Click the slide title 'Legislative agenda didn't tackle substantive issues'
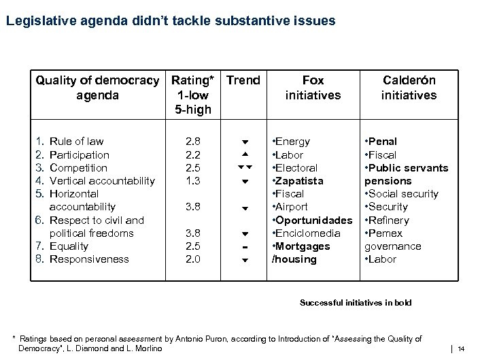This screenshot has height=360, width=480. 170,21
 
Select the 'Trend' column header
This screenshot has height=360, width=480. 243,80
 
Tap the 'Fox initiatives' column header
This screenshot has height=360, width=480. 313,88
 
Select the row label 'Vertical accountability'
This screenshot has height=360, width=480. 103,180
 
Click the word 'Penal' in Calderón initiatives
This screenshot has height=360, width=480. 384,142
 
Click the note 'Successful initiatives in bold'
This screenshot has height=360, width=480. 356,303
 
